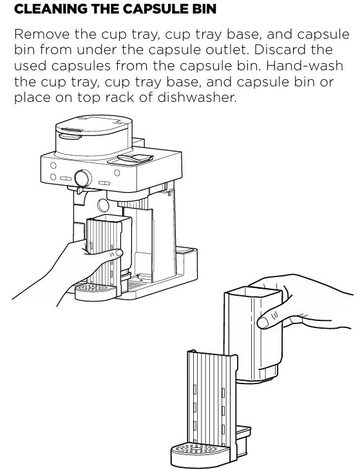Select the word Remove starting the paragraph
pos(42,34)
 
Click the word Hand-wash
pos(304,66)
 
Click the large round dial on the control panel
pos(83,178)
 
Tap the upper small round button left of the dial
pos(53,166)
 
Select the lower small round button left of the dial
pos(53,177)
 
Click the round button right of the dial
pos(117,173)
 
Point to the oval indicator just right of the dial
pos(104,183)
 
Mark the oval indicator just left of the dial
pos(66,179)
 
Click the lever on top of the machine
pos(135,158)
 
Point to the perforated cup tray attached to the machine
pos(95,291)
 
